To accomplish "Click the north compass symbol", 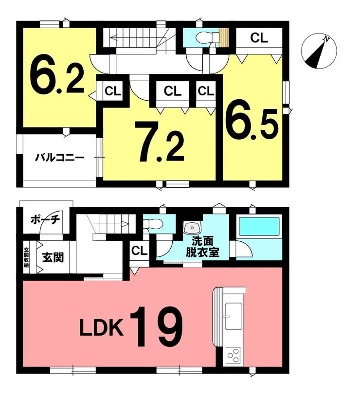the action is [319, 52].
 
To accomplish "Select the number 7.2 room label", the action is [160, 142].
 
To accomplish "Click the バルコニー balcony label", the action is [59, 158].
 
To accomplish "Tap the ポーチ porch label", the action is [45, 220].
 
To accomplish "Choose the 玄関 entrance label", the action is [53, 257].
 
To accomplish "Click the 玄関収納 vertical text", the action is [26, 257].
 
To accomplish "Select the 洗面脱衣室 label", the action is [203, 247].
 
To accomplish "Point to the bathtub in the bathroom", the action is [259, 226].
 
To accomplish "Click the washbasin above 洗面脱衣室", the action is [193, 228].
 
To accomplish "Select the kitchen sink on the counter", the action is [234, 316].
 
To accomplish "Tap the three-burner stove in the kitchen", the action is [233, 356].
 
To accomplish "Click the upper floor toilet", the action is [207, 37].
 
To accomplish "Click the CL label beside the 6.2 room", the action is [113, 91].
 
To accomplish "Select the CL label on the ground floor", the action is [139, 251].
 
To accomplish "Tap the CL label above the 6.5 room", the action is [259, 38].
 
